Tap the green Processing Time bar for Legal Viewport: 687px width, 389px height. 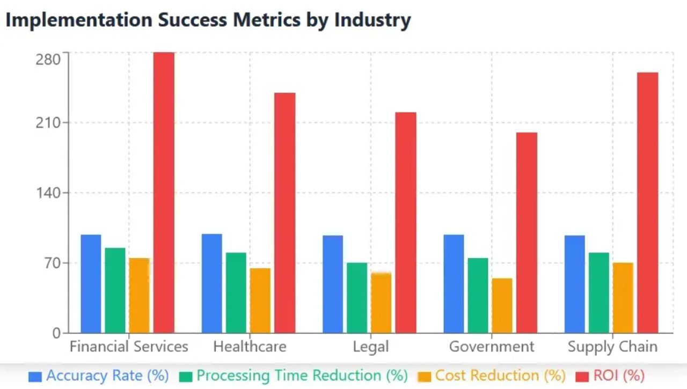357,297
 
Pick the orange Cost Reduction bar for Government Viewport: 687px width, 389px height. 502,305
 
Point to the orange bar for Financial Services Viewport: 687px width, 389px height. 139,295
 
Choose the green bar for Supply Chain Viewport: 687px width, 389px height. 599,292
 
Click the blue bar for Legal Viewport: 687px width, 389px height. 333,284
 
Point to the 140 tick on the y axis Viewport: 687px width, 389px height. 48,193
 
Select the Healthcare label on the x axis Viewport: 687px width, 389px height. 250,347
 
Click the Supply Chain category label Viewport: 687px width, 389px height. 612,347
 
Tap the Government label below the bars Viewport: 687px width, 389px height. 492,347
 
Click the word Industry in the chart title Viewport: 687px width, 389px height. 372,20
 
